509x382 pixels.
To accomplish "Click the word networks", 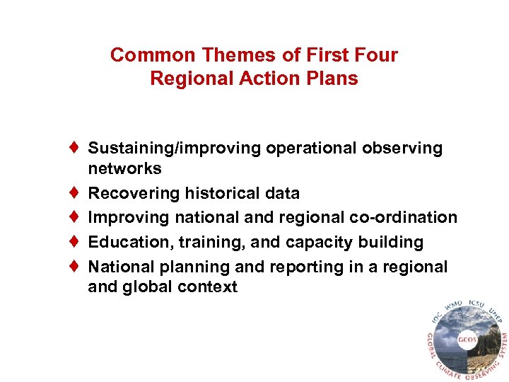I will [124, 169].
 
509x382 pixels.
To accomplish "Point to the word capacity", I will [320, 242].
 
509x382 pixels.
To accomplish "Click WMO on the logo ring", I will [453, 306].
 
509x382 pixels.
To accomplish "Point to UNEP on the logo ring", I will [493, 316].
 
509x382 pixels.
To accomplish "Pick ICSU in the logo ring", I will [476, 306].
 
